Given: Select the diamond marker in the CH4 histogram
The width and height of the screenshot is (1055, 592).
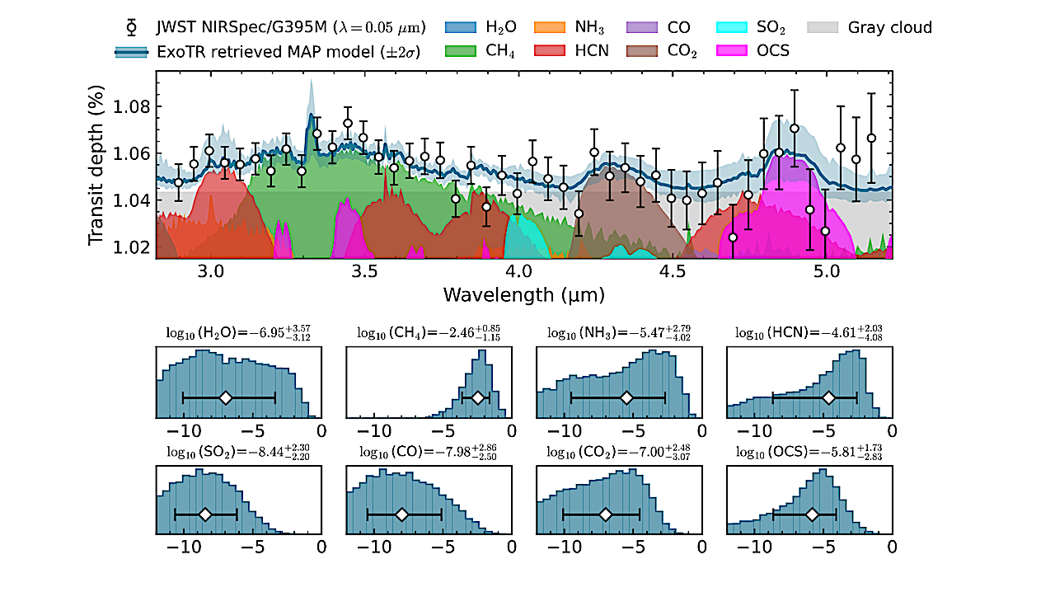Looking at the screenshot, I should (x=477, y=397).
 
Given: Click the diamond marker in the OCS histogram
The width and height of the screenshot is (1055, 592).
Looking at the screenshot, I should (x=812, y=514).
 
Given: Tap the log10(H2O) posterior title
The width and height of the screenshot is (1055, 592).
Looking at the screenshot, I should (x=237, y=332).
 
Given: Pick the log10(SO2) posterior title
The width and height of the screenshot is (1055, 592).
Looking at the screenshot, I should (x=237, y=451).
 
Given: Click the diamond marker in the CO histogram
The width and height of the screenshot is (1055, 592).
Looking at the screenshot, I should (x=401, y=514).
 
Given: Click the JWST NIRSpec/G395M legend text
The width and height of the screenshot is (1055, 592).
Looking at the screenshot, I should (x=290, y=27).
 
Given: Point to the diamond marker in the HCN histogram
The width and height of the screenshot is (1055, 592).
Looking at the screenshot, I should (x=829, y=397).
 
